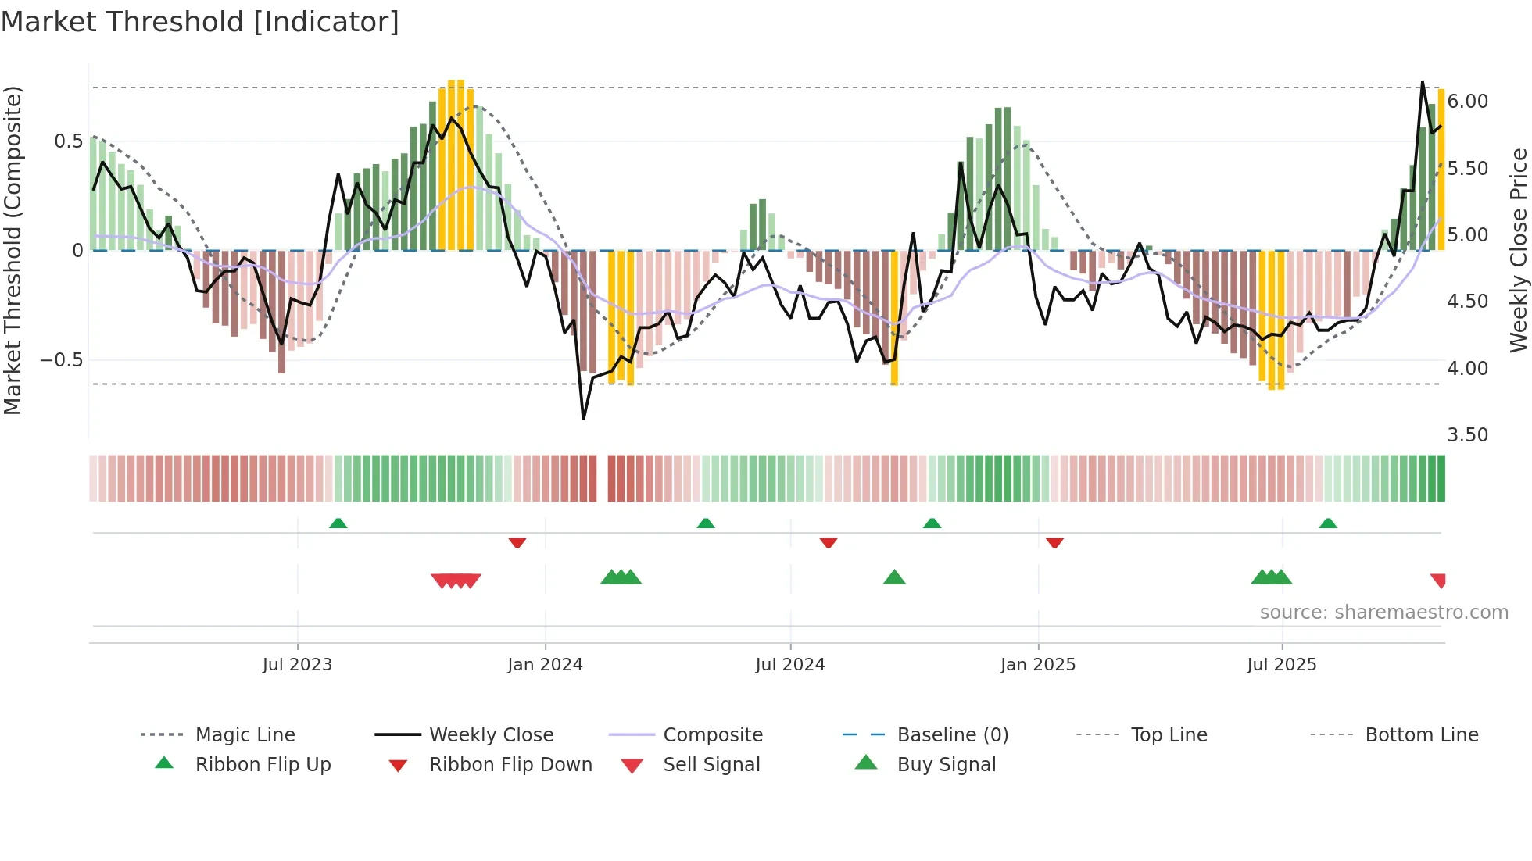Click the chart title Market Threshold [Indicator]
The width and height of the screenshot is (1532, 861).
200,22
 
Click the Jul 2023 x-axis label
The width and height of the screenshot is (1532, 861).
297,664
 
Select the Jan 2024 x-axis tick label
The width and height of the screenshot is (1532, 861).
545,664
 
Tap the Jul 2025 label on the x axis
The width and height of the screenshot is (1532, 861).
1281,664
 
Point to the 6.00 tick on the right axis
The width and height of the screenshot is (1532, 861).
1467,102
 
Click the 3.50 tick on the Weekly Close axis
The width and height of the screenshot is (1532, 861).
1467,435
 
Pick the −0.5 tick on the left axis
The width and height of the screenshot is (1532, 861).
61,360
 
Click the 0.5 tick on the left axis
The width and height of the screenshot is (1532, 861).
68,141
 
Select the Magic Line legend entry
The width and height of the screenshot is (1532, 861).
245,734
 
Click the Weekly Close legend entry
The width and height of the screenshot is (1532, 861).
491,734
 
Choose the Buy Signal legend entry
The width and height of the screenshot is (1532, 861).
946,764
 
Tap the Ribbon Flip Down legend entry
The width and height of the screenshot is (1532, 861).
510,764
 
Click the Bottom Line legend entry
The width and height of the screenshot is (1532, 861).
1421,734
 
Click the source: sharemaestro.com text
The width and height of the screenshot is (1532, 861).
1383,613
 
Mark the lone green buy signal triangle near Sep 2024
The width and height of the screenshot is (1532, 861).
894,577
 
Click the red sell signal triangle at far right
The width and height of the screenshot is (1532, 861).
1438,581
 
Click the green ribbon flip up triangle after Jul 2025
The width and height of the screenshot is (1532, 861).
1328,523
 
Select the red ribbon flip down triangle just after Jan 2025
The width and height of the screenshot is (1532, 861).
1054,542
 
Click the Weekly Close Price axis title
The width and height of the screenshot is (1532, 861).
1517,250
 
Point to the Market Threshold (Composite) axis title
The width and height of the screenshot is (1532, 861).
13,250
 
